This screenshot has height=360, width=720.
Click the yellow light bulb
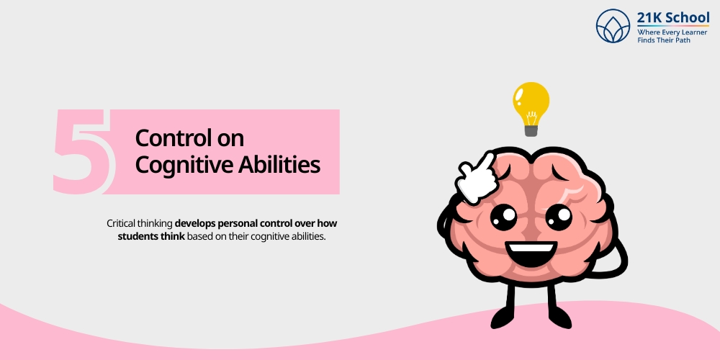pos(531,101)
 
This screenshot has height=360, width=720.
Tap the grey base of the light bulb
pos(531,130)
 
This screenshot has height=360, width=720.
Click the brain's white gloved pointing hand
pos(476,177)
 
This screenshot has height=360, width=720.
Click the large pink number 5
pos(84,153)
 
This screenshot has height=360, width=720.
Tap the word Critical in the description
pos(122,224)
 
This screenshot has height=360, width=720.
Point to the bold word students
pos(140,236)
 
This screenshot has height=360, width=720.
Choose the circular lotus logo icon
pos(613,26)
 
